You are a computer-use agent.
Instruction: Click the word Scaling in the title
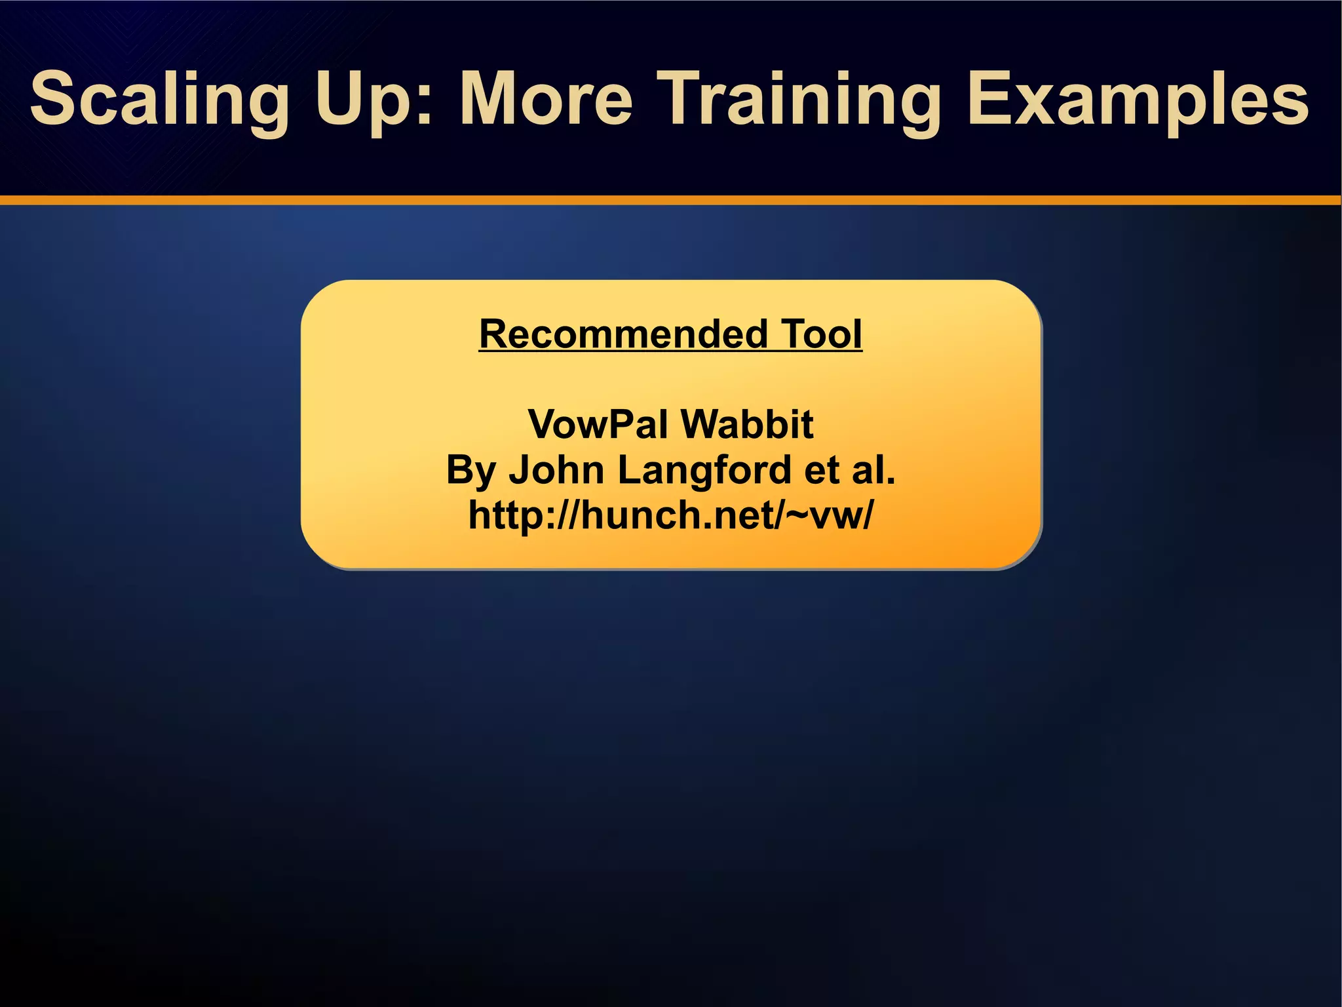click(159, 100)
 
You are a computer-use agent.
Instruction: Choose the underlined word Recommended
click(623, 334)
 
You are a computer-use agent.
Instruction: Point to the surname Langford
click(704, 471)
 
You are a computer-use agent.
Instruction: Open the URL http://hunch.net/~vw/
click(670, 515)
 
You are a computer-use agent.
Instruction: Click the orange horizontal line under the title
click(670, 200)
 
